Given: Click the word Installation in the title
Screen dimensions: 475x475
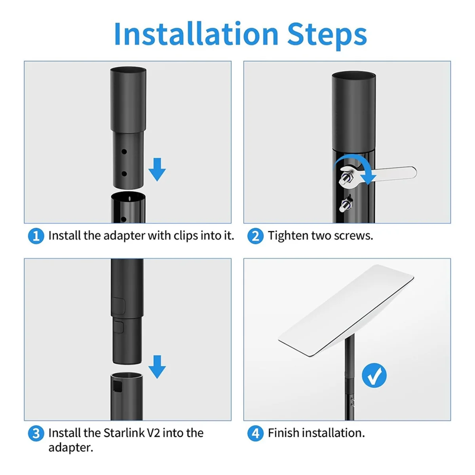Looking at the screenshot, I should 196,34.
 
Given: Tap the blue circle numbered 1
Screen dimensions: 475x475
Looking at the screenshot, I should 36,236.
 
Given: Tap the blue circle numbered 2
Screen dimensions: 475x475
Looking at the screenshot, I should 255,236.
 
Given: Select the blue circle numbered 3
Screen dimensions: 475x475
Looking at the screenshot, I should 36,433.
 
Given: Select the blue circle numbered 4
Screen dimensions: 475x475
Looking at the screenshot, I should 255,433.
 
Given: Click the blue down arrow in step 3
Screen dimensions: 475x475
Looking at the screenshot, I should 157,367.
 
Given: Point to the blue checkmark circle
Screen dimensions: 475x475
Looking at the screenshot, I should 374,375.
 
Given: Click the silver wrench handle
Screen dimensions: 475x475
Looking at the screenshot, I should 396,173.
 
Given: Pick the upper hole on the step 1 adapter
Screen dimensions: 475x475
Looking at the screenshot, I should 124,152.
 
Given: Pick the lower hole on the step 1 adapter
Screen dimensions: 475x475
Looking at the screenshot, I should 124,174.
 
